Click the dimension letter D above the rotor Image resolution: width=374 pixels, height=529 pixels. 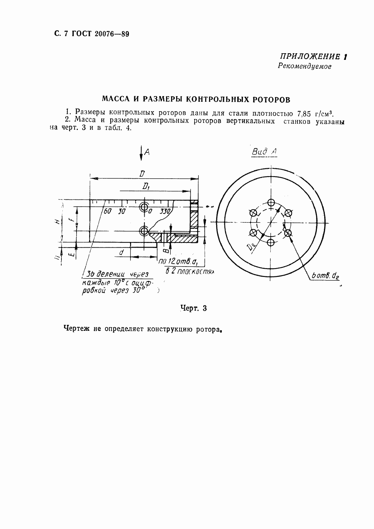pos(142,173)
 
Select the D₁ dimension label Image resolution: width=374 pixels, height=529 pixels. pos(146,187)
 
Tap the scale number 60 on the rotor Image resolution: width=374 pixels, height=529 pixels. pos(107,211)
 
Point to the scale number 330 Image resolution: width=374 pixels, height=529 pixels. pos(164,211)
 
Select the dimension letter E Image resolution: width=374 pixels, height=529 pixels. pos(72,253)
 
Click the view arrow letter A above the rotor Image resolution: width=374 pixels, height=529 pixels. pos(147,152)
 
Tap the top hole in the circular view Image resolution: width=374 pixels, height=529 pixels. pos(271,203)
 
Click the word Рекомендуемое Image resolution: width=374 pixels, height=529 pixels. pos(304,66)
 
